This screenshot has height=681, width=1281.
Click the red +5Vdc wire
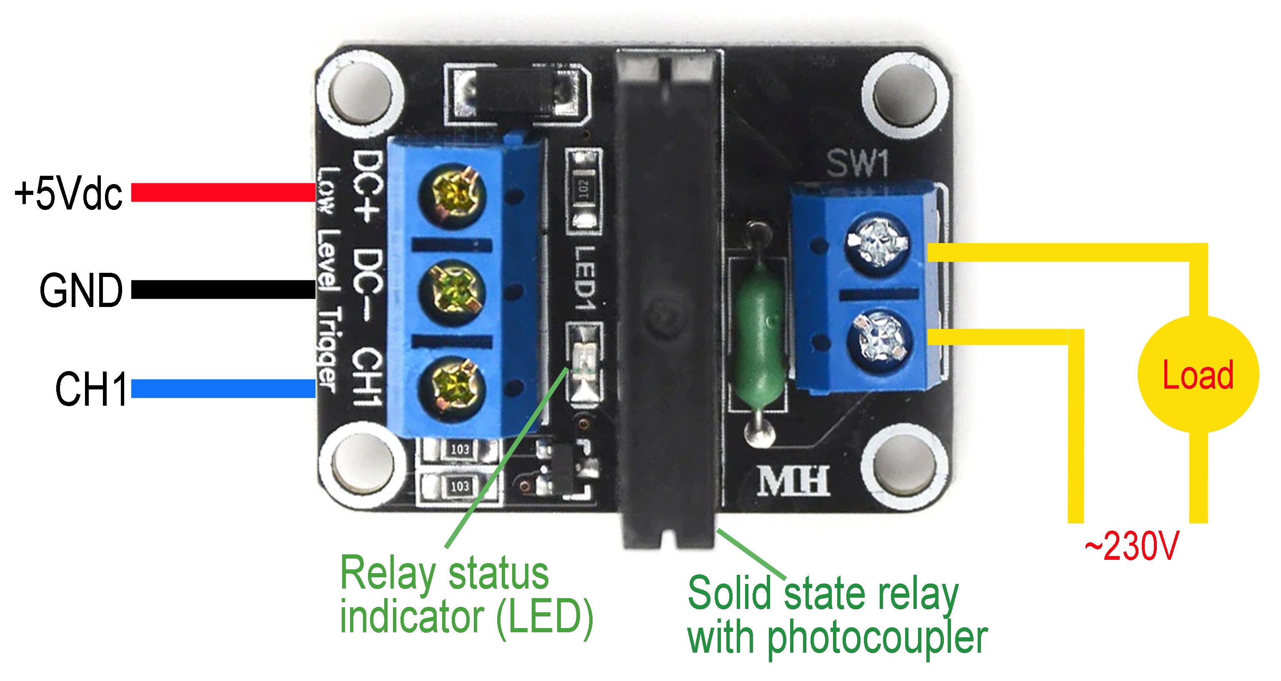pyautogui.click(x=223, y=192)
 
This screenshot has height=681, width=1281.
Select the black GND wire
pyautogui.click(x=223, y=290)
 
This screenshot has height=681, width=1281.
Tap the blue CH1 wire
pyautogui.click(x=223, y=389)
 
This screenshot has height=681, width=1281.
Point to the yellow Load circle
pyautogui.click(x=1198, y=374)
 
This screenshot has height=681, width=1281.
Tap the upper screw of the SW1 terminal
pyautogui.click(x=877, y=242)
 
